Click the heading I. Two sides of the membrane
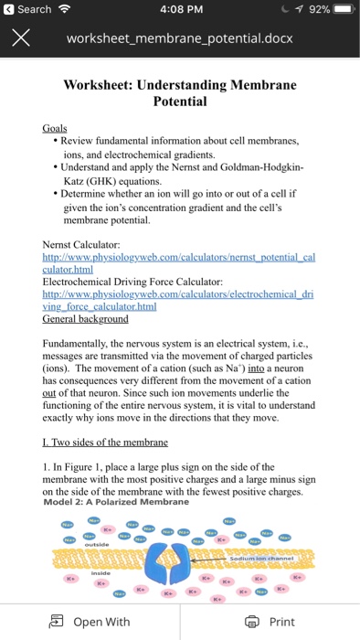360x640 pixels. click(105, 443)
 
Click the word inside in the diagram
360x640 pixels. click(100, 573)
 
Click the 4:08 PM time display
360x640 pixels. click(178, 9)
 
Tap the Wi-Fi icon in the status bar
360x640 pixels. click(65, 9)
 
